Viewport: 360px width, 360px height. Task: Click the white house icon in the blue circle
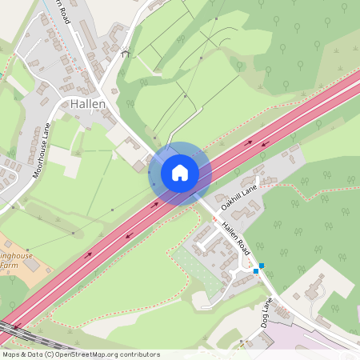click(180, 173)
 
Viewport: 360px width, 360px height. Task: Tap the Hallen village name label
click(87, 104)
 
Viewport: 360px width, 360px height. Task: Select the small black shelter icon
click(124, 54)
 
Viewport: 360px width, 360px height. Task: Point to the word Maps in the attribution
click(12, 354)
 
